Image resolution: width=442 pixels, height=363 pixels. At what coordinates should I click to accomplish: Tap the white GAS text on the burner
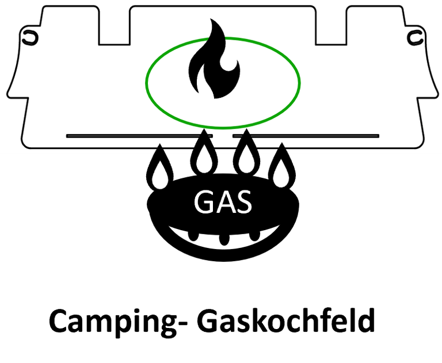[x=223, y=202]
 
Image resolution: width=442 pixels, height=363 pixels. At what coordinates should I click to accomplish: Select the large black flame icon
[x=214, y=59]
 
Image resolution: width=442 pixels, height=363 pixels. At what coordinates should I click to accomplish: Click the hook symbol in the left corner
[x=30, y=37]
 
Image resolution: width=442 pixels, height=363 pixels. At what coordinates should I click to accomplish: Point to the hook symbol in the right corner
[x=415, y=37]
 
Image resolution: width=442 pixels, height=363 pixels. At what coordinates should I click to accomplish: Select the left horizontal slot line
[x=139, y=136]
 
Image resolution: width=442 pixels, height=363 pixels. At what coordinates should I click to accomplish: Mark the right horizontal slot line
[x=306, y=136]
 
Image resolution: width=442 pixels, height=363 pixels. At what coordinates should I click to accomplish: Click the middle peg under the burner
[x=224, y=239]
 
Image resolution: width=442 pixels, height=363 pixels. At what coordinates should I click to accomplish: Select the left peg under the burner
[x=193, y=236]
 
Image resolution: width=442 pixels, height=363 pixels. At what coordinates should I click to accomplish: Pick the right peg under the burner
[x=254, y=236]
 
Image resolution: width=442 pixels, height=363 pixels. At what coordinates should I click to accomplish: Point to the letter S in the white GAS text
[x=243, y=202]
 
